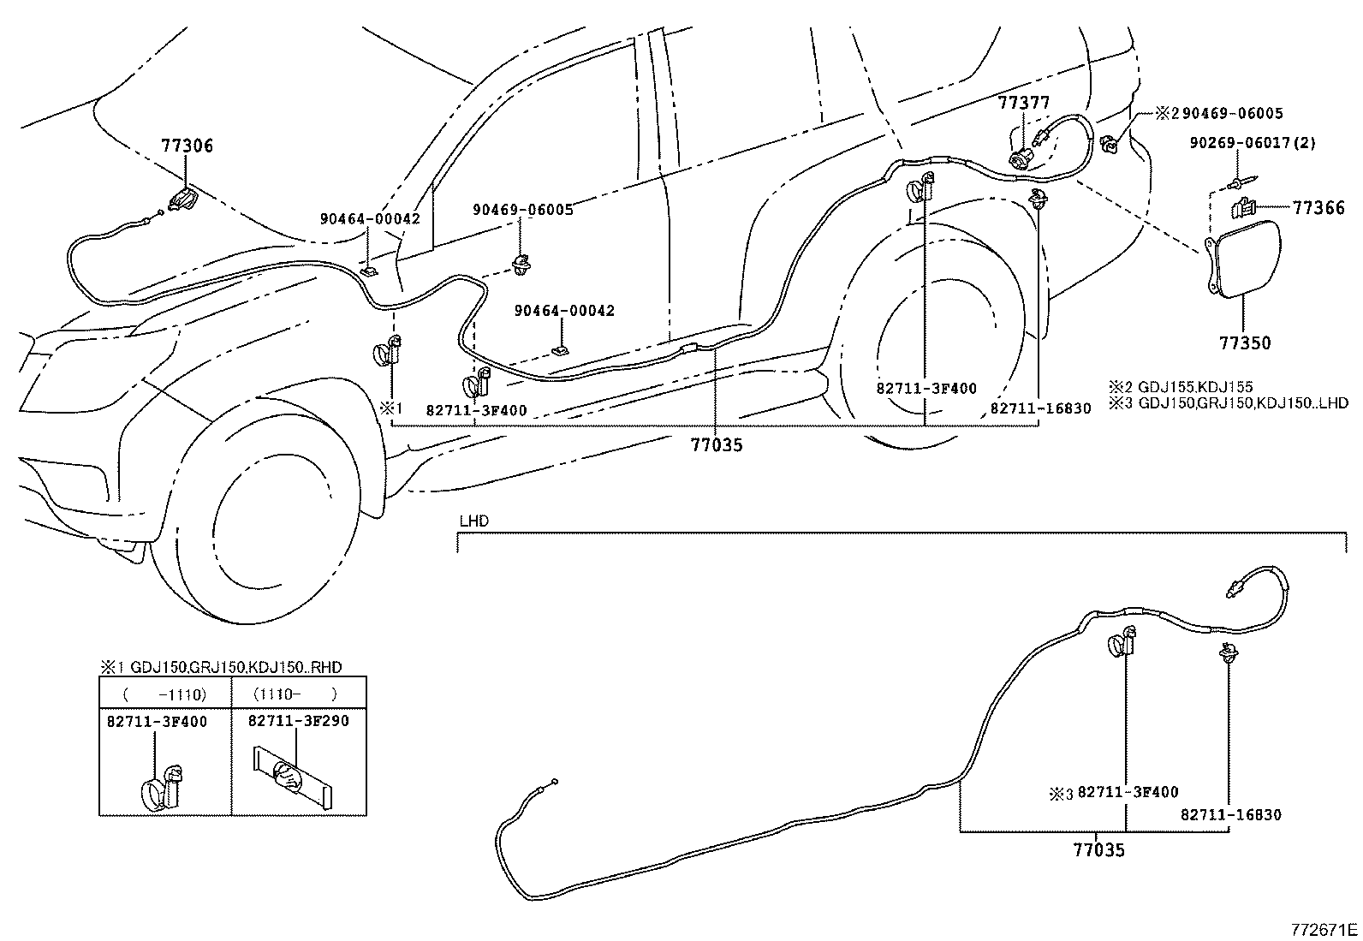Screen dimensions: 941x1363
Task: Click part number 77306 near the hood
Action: pos(187,146)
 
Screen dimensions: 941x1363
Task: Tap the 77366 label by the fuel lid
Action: pos(1318,208)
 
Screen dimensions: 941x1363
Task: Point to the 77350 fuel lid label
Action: pos(1245,343)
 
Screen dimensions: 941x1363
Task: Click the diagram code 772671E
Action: pos(1324,929)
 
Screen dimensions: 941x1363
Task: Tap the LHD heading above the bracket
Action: pos(473,521)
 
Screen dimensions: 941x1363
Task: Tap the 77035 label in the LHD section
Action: pos(1098,850)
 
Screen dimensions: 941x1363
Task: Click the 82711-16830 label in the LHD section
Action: pos(1230,815)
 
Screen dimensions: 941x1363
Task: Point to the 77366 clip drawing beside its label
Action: pos(1242,206)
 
